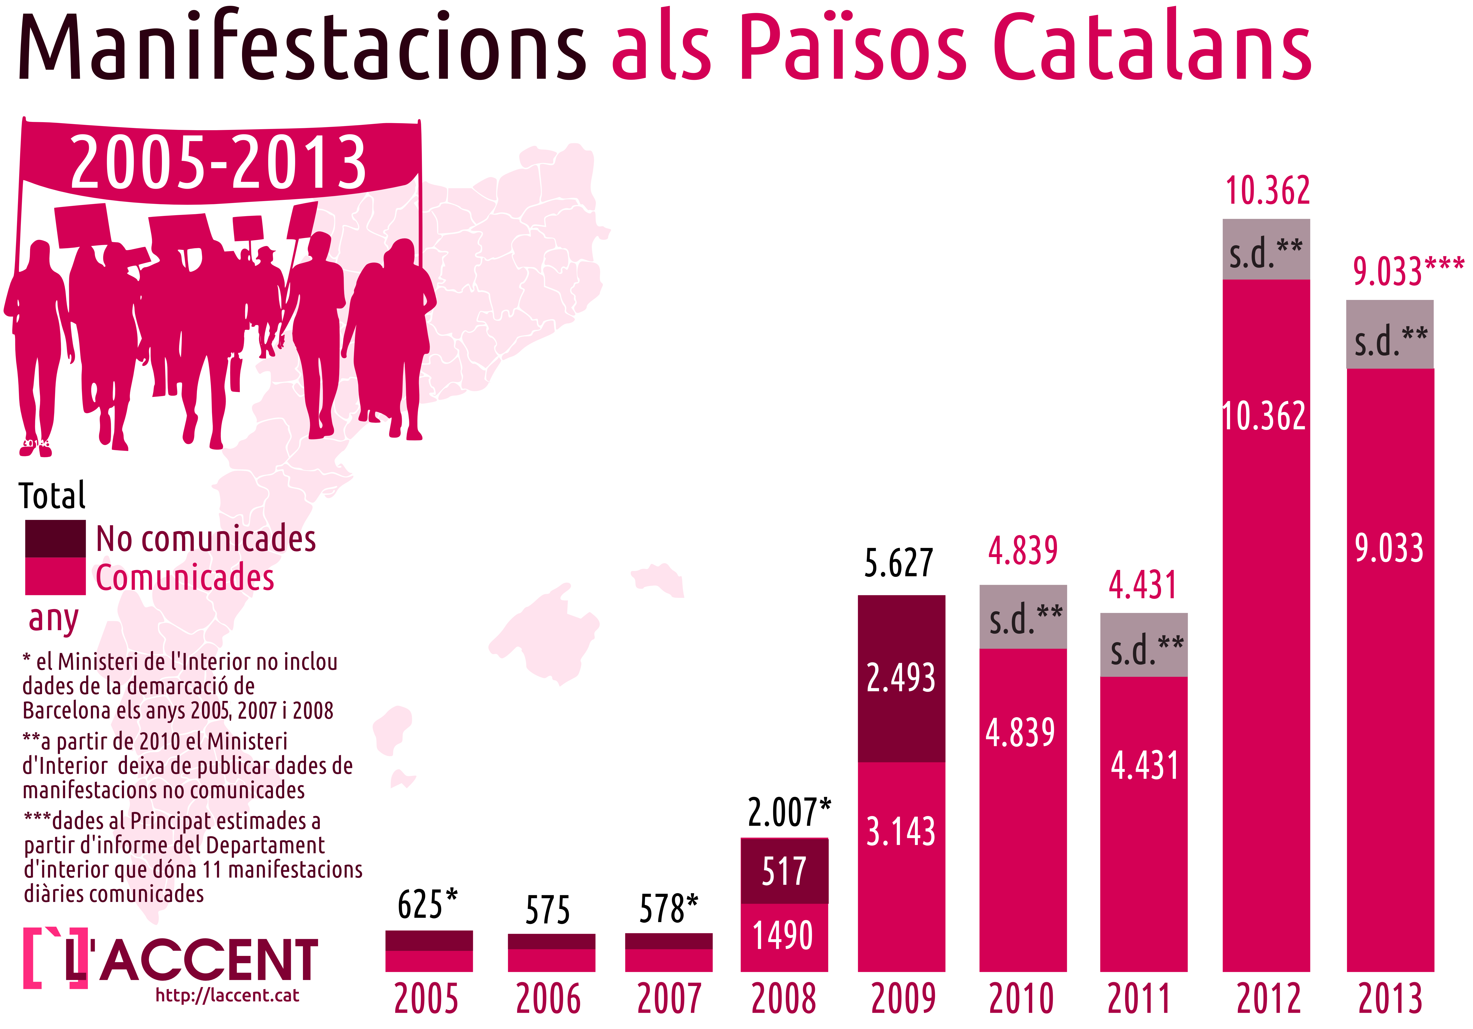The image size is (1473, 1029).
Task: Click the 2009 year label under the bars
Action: [903, 999]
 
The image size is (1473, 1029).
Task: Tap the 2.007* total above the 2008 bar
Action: [789, 813]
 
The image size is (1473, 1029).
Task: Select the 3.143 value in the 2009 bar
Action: [901, 832]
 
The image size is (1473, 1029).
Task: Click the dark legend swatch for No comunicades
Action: [55, 539]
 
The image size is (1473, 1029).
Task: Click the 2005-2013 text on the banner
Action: [218, 163]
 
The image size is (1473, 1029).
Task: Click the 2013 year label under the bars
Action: [1389, 999]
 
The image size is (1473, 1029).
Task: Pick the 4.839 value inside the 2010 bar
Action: [1020, 732]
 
